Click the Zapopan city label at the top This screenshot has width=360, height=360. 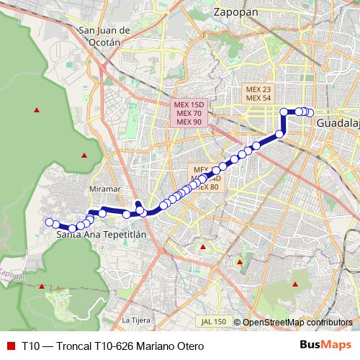[x=237, y=12]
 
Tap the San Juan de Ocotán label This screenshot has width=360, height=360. [x=105, y=35]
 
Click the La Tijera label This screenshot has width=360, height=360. [x=135, y=319]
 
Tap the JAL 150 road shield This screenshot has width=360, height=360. [x=215, y=321]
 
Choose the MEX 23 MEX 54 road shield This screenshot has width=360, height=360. [x=258, y=94]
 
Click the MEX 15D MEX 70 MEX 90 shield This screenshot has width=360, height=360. [x=189, y=113]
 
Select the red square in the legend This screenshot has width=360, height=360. [x=10, y=346]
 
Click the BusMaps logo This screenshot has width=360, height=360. [x=323, y=345]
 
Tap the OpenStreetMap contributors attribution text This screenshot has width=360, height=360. [x=297, y=322]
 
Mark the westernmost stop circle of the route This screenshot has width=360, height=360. [x=49, y=222]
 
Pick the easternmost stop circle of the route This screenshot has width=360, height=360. [x=310, y=112]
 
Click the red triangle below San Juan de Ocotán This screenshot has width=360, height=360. [x=85, y=156]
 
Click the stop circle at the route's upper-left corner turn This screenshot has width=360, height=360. [x=284, y=112]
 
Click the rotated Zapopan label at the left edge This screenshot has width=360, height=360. [x=10, y=274]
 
